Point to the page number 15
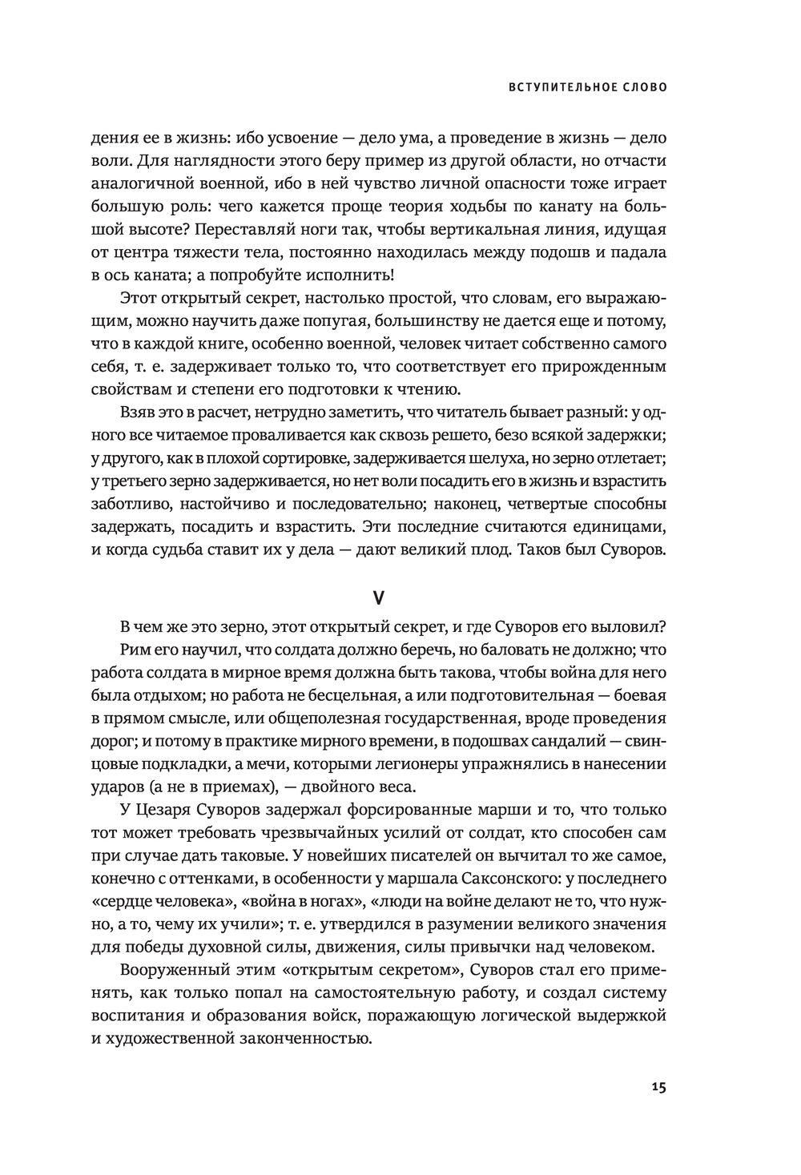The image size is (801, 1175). coord(658,1087)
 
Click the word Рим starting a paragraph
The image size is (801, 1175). coord(134,648)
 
